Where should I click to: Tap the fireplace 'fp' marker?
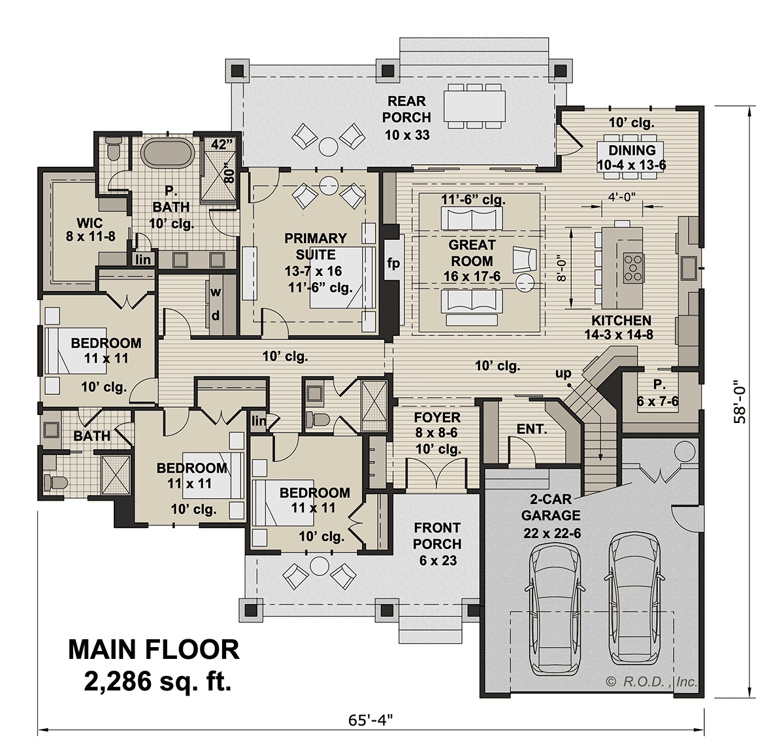click(x=393, y=264)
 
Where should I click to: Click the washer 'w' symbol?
click(x=215, y=292)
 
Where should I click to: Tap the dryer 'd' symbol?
click(x=215, y=315)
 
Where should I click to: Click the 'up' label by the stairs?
click(x=563, y=374)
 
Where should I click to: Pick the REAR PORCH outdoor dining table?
click(x=475, y=105)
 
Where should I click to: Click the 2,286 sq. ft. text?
click(x=157, y=682)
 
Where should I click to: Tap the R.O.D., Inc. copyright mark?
click(x=652, y=682)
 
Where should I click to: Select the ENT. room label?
click(x=531, y=429)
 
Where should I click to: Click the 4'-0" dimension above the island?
click(x=621, y=195)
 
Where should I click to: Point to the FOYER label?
click(x=438, y=418)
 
